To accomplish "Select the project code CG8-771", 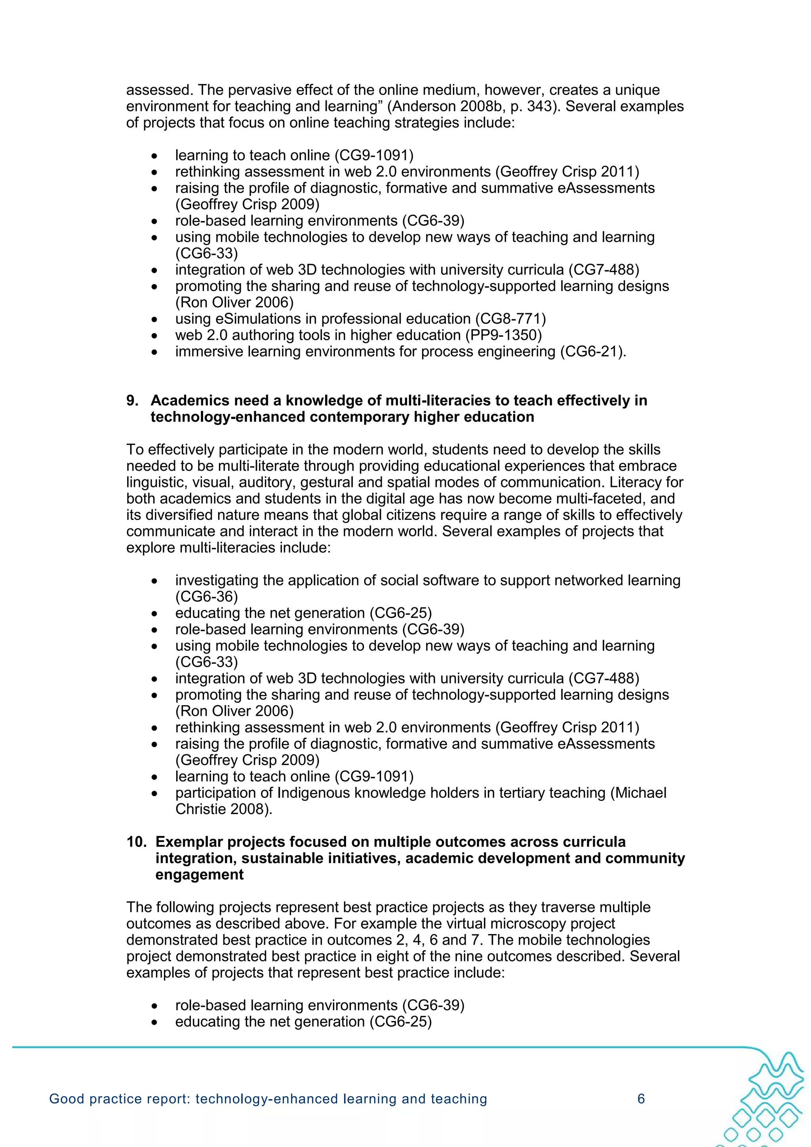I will (x=510, y=319).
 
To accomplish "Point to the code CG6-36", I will (x=206, y=597).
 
